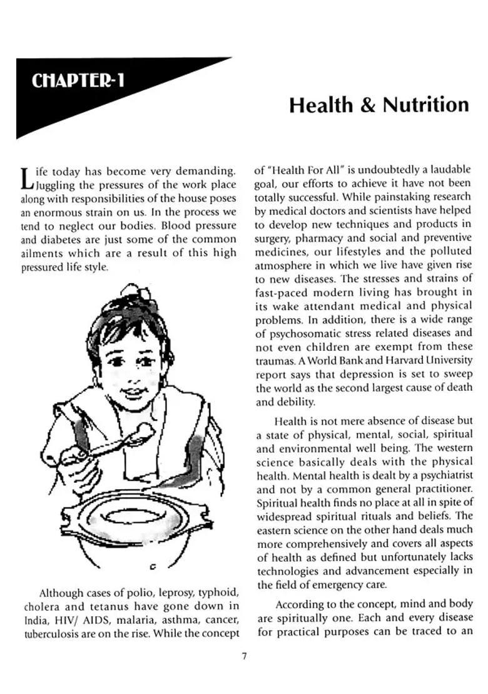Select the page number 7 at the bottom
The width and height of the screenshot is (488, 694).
tap(244, 656)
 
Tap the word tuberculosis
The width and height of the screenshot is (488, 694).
tap(52, 633)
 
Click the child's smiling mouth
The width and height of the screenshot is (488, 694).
tap(132, 393)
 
